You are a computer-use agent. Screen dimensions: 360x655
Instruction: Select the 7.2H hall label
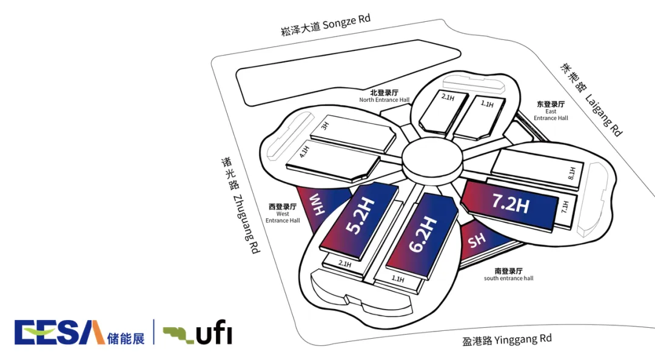tap(511, 204)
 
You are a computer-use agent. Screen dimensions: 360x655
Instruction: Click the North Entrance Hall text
tap(384, 96)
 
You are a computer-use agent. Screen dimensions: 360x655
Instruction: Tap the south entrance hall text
tap(509, 275)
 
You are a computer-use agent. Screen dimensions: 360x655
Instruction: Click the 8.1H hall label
tap(571, 174)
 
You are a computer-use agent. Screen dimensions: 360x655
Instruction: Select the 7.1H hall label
tap(565, 206)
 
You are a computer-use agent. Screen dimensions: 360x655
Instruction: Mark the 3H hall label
tap(324, 127)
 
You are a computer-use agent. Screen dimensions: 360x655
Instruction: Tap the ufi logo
tap(196, 333)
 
